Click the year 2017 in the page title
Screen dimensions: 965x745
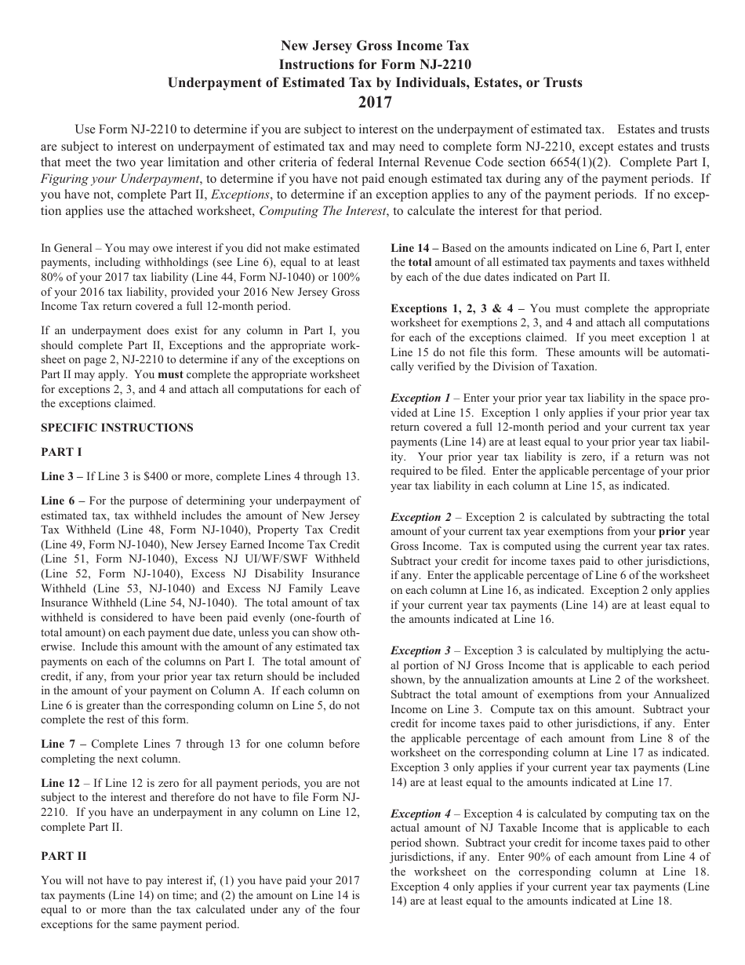pos(375,101)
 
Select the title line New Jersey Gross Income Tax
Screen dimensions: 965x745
pos(375,47)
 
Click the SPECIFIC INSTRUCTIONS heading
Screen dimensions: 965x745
pos(117,428)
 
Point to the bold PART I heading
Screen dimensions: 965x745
pos(61,452)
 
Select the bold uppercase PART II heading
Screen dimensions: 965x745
pos(64,856)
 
